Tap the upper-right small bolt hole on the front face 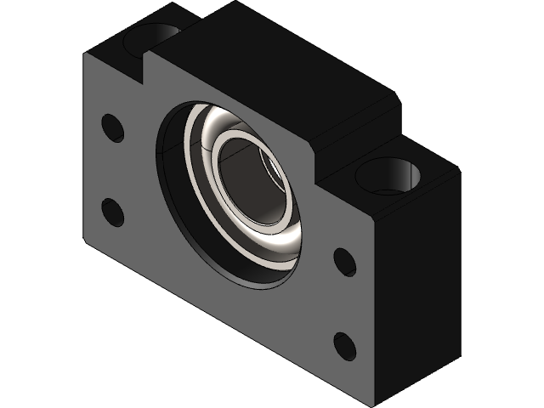345,262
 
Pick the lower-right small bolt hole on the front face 345,346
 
